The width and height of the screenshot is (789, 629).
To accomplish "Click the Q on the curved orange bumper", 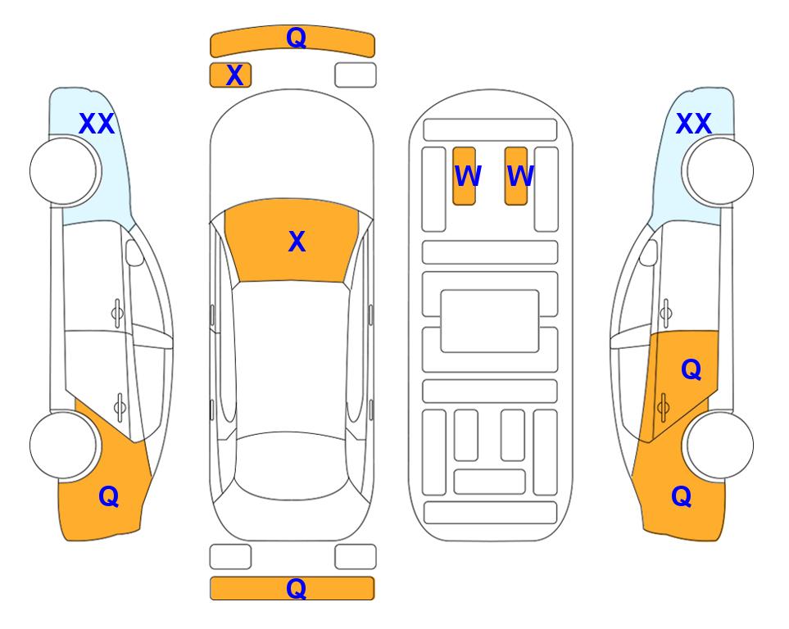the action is (x=296, y=38).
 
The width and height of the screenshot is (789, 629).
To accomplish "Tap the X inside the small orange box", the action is (x=234, y=75).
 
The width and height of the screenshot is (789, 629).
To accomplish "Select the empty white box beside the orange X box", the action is (x=356, y=75).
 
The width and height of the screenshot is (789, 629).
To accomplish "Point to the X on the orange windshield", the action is (x=297, y=242).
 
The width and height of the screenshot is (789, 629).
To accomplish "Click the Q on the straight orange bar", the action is (x=296, y=588).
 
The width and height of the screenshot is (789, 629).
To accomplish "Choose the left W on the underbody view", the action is (x=468, y=176).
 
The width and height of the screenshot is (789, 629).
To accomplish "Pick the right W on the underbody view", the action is (x=520, y=176).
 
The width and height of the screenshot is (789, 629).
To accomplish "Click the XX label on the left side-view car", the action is (x=97, y=124).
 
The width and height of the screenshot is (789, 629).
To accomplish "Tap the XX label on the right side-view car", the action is (x=693, y=124).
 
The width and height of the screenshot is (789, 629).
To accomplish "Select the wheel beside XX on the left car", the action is (x=63, y=171).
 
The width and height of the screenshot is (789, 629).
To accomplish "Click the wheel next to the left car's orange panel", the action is (x=63, y=445).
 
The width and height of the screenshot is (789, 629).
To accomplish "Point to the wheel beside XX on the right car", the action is (x=719, y=171).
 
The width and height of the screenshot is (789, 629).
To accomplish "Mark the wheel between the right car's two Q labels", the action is (x=719, y=445).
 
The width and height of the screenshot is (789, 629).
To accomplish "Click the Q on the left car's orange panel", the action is (x=109, y=496).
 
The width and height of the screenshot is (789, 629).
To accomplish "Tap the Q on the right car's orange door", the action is (x=692, y=370).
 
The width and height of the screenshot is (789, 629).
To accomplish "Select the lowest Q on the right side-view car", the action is (x=682, y=496).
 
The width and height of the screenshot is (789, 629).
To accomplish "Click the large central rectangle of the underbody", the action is (x=490, y=321).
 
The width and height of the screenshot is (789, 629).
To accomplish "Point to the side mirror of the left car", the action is (x=134, y=252).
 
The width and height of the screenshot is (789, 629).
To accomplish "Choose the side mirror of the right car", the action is (x=648, y=252).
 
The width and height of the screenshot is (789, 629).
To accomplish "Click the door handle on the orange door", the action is (x=663, y=407).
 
